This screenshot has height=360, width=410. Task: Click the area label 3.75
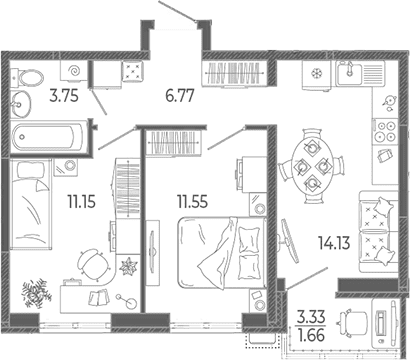pyautogui.click(x=64, y=96)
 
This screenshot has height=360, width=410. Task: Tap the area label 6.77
pyautogui.click(x=180, y=96)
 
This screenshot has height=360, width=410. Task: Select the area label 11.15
pyautogui.click(x=82, y=202)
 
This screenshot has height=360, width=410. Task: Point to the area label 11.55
pyautogui.click(x=192, y=202)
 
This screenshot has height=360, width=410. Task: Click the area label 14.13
pyautogui.click(x=334, y=243)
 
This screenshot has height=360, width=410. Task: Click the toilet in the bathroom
pyautogui.click(x=27, y=78)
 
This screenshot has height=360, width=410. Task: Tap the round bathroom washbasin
pyautogui.click(x=20, y=104)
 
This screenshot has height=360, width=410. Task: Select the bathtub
pyautogui.click(x=47, y=137)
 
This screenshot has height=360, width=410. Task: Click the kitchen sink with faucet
pyautogui.click(x=349, y=73)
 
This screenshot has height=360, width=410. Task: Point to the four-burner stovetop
pyautogui.click(x=385, y=132)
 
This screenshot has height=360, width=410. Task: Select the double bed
pyautogui.click(x=222, y=253)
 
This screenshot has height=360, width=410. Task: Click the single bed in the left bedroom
pyautogui.click(x=31, y=204)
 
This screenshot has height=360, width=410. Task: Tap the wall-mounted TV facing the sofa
pyautogui.click(x=289, y=240)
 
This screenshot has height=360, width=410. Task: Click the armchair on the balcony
pyautogui.click(x=353, y=320)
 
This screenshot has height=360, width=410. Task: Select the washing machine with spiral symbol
pyautogui.click(x=74, y=71)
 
